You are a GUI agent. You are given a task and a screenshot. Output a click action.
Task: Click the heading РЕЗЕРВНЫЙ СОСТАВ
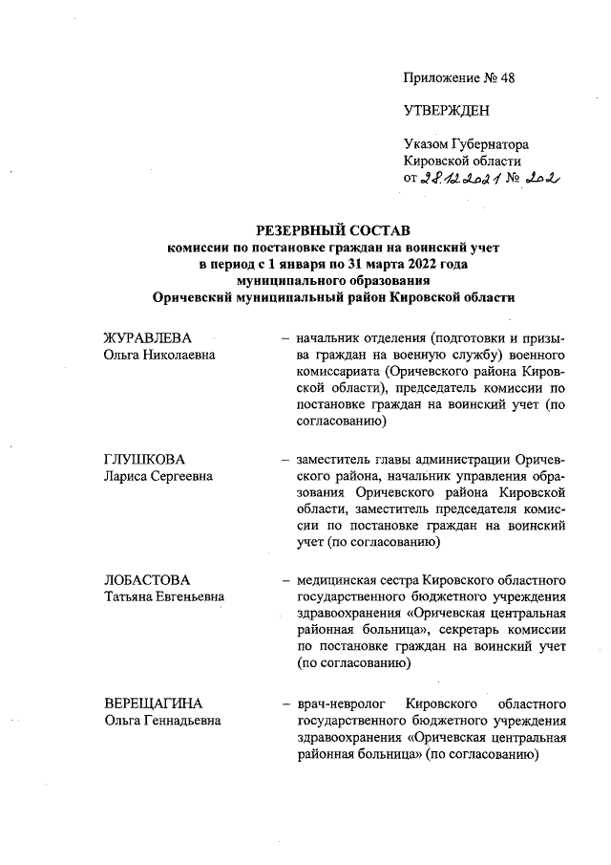click(x=332, y=231)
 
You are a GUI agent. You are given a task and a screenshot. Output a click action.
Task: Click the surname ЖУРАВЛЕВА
click(x=147, y=338)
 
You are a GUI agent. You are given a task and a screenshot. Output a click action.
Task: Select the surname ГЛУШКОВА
click(x=143, y=459)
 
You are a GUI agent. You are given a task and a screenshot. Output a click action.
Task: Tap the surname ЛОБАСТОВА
click(x=147, y=579)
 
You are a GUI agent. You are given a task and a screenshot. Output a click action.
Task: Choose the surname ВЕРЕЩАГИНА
click(x=153, y=703)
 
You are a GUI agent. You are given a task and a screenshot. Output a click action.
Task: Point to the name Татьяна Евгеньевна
click(x=163, y=596)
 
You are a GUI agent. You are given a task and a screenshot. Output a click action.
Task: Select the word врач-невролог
click(x=338, y=703)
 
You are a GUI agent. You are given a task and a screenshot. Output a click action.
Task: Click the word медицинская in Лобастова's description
click(x=337, y=579)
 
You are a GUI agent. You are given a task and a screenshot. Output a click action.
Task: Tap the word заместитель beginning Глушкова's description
click(x=337, y=459)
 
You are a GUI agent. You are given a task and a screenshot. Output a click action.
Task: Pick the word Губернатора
click(x=491, y=143)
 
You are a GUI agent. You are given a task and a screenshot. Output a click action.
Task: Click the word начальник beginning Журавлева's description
click(x=331, y=338)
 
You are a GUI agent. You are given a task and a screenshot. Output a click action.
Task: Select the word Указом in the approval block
click(x=427, y=143)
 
